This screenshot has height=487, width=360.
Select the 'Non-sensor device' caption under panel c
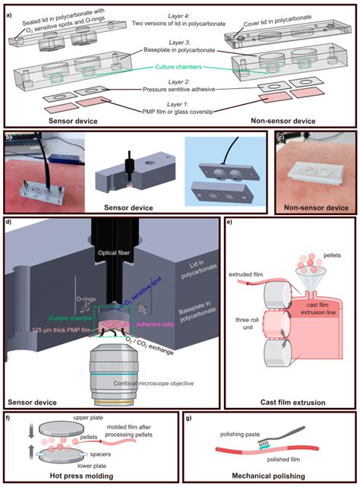click(x=313, y=207)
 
